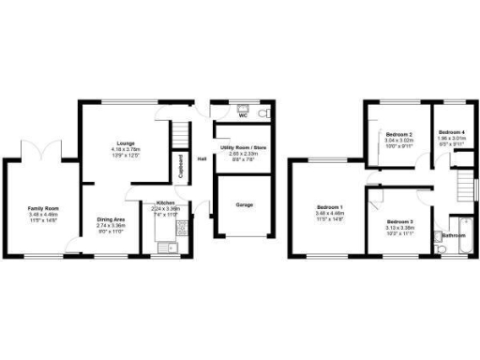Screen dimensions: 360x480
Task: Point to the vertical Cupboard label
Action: click(x=181, y=166)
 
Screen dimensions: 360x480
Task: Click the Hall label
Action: click(x=202, y=158)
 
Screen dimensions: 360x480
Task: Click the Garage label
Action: click(x=242, y=205)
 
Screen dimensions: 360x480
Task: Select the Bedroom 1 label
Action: click(x=329, y=207)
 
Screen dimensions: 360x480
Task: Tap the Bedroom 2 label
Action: click(x=397, y=135)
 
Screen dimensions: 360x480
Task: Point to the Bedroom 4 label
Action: click(x=451, y=132)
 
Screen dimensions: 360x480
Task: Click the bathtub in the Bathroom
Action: click(x=458, y=227)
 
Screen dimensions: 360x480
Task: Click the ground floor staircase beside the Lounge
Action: click(x=178, y=137)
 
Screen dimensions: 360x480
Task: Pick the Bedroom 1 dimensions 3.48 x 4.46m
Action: click(x=329, y=215)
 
